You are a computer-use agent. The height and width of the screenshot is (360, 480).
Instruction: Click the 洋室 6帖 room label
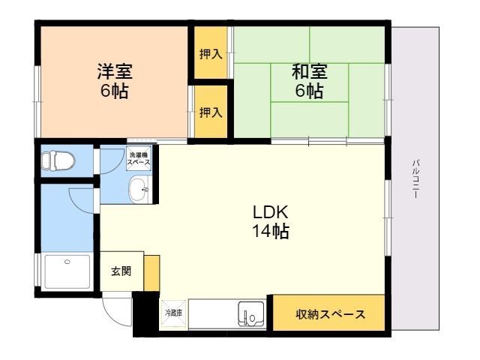[115, 81]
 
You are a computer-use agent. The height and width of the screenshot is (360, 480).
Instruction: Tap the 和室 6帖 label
[309, 81]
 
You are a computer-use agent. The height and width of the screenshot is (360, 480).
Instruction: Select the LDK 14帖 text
[271, 222]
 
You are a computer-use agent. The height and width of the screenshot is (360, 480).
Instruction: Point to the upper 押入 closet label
[211, 54]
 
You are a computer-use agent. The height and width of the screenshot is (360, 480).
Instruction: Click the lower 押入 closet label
[211, 112]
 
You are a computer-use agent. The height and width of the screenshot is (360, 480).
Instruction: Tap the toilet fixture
[58, 160]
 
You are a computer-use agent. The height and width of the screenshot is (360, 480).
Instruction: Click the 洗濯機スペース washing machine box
[139, 158]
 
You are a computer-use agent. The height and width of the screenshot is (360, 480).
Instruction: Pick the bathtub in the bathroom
[67, 271]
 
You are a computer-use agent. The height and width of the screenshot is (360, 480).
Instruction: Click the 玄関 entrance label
[121, 271]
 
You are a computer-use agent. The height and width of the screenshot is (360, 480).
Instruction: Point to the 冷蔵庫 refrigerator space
[174, 313]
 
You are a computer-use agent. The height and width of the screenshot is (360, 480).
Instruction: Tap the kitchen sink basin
[251, 314]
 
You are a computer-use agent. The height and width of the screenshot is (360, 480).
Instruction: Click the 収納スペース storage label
[330, 314]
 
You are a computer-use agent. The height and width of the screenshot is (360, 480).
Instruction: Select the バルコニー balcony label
[415, 178]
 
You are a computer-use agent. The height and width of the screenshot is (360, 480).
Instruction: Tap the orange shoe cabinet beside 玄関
[151, 273]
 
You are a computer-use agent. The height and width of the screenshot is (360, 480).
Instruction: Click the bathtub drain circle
[67, 262]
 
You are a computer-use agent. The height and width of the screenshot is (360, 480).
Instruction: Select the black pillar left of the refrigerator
[145, 313]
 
